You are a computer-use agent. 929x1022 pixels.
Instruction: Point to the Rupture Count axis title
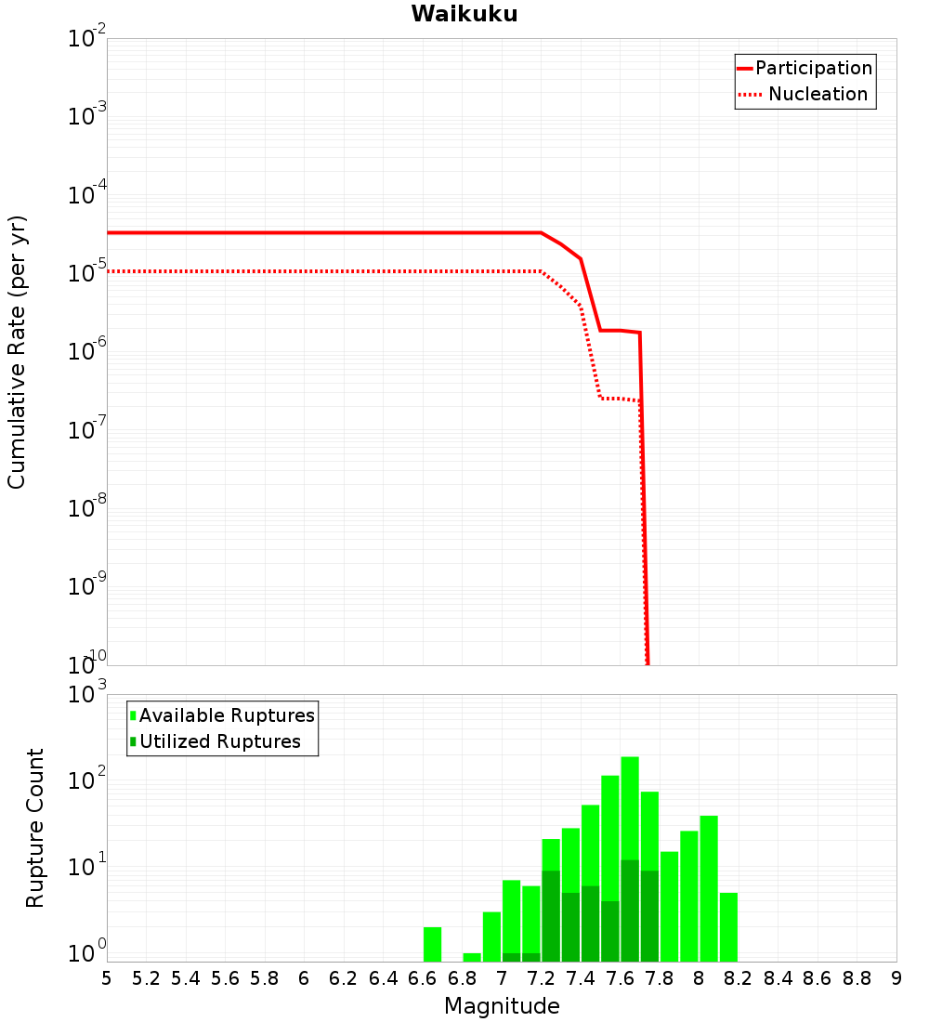click(x=34, y=827)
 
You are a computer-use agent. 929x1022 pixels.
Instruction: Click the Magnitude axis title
click(x=502, y=1006)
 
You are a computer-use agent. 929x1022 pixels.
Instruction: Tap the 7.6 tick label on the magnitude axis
click(x=620, y=978)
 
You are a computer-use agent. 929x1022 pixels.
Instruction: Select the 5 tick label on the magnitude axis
click(x=107, y=978)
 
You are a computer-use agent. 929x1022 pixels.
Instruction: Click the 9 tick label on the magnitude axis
click(x=896, y=978)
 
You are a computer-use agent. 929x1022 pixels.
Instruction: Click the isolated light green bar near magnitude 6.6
click(x=432, y=944)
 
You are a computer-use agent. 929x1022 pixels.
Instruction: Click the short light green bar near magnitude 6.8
click(x=472, y=957)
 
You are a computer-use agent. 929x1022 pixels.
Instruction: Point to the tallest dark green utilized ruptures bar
click(x=630, y=911)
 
